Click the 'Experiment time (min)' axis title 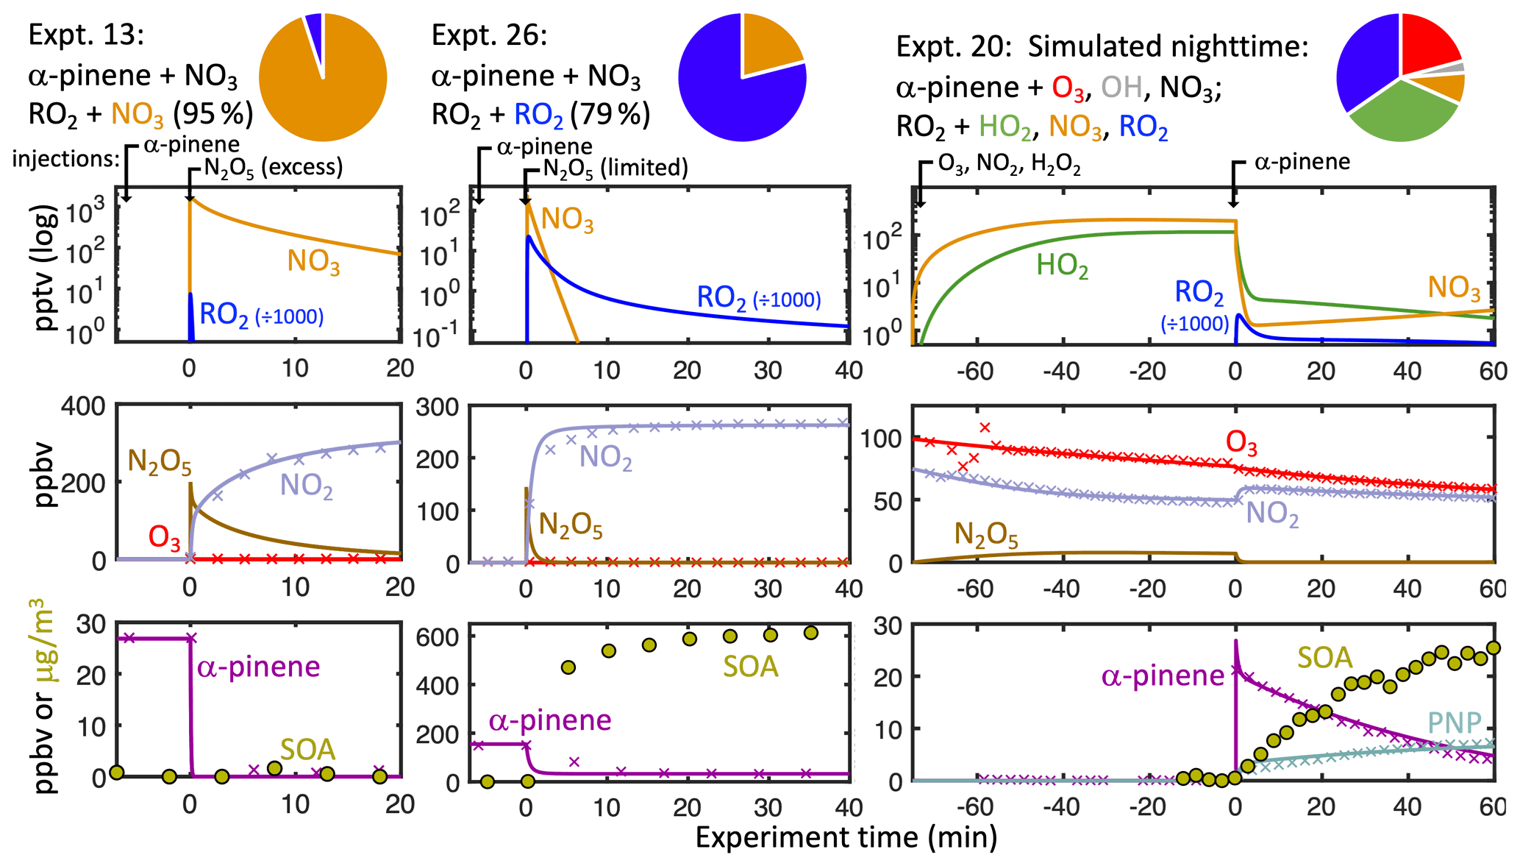click(846, 838)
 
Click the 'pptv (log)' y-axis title click(46, 268)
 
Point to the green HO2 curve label click(1062, 266)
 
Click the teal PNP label click(1454, 723)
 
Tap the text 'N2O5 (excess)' click(273, 168)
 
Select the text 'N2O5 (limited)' click(615, 168)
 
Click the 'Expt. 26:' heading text click(489, 35)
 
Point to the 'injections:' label click(65, 159)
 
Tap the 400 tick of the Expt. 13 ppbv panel click(83, 406)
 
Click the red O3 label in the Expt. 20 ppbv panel click(1241, 444)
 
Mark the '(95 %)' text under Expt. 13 click(213, 114)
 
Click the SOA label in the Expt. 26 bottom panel click(750, 667)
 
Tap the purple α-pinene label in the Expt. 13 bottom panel click(258, 667)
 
